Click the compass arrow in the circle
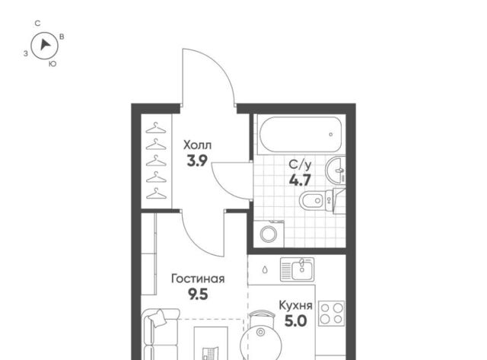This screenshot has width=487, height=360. click(46, 45)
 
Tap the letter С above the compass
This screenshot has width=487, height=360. click(37, 24)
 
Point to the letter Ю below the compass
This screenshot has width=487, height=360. click(53, 64)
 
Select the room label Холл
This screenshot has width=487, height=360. click(198, 145)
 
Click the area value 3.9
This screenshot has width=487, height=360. click(197, 161)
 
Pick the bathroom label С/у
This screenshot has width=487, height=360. click(300, 164)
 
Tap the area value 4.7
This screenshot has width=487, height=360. click(300, 180)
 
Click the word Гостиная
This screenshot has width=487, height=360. click(198, 279)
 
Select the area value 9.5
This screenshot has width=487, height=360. click(198, 294)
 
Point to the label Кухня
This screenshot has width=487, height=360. click(296, 305)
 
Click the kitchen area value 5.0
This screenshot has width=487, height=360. click(296, 321)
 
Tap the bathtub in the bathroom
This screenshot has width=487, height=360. click(301, 135)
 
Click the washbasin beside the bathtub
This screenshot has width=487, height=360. click(335, 170)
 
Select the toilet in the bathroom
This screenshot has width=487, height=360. click(317, 201)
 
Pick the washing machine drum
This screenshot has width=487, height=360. click(269, 234)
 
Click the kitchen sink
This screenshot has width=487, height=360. click(297, 269)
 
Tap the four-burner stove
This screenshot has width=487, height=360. click(332, 313)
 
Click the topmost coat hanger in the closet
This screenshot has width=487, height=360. click(156, 128)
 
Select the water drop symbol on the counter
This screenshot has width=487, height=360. click(265, 269)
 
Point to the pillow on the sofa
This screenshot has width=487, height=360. click(157, 318)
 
